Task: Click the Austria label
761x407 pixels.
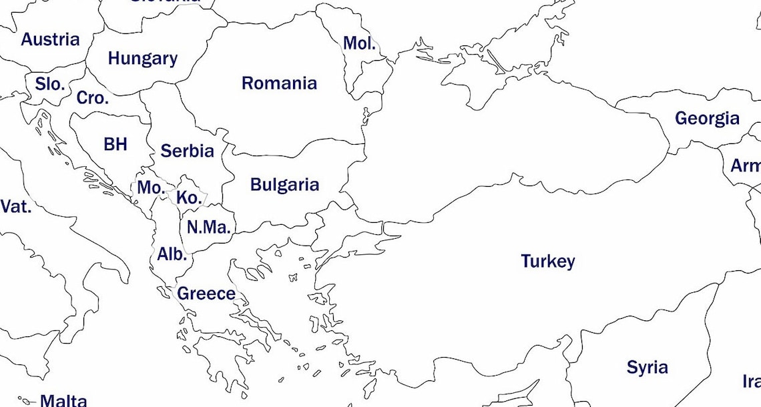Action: coord(50,39)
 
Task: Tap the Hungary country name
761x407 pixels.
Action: coord(142,59)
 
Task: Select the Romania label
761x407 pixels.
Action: coord(279,83)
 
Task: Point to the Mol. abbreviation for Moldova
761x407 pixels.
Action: coord(359,43)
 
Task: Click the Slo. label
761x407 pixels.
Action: coord(50,85)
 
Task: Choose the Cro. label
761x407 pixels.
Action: coord(92,98)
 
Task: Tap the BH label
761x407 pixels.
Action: coord(115,144)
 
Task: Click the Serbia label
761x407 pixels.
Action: coord(188,151)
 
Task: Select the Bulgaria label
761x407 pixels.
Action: coord(284,185)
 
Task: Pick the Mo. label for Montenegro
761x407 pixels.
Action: coord(151,188)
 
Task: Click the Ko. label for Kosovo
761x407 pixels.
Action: coord(189,198)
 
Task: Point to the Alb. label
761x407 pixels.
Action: coord(172,254)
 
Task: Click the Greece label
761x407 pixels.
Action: coord(206,294)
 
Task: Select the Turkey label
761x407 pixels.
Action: coord(547,262)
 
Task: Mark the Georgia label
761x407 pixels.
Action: coord(707,119)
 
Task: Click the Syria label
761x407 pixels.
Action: coord(647,367)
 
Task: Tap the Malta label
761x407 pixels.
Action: coord(63,400)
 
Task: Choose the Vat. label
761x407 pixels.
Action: coord(16,207)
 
